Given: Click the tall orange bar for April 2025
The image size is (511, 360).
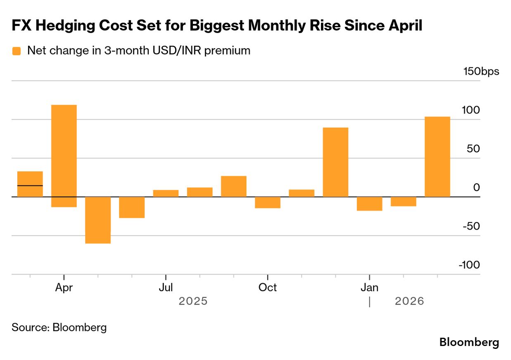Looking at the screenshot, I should coord(64,151).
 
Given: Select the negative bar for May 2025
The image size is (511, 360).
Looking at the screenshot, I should coord(98,220).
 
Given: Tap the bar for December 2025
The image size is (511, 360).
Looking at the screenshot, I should coord(335,162).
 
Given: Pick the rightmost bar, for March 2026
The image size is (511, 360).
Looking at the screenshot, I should coord(437,156).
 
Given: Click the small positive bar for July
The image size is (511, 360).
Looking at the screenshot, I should coord(166,193).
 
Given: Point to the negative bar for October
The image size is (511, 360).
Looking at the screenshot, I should coord(268,202).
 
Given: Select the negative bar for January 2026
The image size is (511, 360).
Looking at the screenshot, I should coord(369,204).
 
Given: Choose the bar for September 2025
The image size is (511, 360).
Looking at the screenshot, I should coord(234,186).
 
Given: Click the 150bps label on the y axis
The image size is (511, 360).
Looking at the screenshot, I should coord(481,71).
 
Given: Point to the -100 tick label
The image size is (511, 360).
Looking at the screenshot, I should coord(469,265).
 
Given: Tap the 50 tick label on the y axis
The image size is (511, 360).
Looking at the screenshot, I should coord(474,149).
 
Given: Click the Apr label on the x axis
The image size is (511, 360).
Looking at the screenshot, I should coord(64,287).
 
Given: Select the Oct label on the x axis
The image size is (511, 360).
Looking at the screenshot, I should coord(268,287).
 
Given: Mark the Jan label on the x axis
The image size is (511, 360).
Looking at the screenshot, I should coord(369,287).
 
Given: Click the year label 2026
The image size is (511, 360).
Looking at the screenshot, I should coord(409,301).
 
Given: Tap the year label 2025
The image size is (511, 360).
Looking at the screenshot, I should coord(193,301).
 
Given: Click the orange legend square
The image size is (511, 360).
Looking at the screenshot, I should coord(17,51).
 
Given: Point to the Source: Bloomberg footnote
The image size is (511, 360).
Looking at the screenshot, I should coord(59,328).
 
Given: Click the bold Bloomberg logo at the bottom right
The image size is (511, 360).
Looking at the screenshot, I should coord(469,342).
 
